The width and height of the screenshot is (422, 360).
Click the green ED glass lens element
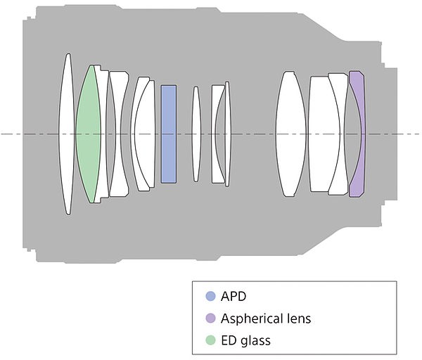[88, 134]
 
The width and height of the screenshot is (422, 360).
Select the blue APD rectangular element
[169, 134]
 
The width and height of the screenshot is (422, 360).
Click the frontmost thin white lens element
[67, 134]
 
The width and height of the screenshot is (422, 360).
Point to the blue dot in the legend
[210, 296]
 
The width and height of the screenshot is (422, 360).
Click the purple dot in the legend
[210, 318]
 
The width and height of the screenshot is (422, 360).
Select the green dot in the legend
[210, 340]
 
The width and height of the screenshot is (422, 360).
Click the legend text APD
[234, 296]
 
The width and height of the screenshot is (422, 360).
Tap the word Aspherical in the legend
[251, 319]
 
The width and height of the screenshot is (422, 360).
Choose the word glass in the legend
[255, 341]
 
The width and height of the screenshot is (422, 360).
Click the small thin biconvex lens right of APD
[196, 134]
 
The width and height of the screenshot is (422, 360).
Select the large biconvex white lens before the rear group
[290, 134]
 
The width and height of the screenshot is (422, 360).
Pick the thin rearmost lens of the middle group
[228, 134]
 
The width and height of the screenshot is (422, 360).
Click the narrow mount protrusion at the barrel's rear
[391, 134]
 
